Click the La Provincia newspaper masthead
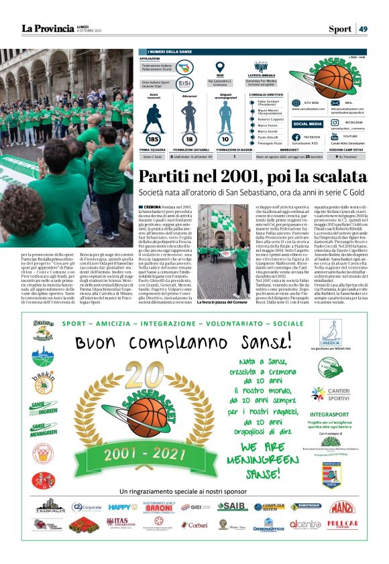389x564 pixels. [x=48, y=28]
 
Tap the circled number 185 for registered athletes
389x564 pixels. [x=152, y=138]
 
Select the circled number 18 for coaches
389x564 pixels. [x=189, y=138]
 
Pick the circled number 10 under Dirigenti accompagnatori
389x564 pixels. [x=225, y=138]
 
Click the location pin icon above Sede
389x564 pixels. [x=219, y=67]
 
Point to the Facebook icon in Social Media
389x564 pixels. [x=296, y=136]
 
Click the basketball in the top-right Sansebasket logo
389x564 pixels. [x=328, y=74]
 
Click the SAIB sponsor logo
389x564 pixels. [x=232, y=506]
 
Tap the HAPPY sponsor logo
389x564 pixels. [x=123, y=507]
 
